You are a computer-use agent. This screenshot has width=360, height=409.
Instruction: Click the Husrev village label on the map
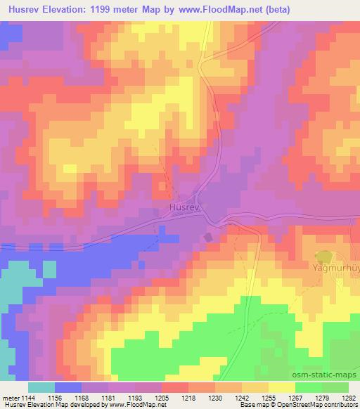[184, 208]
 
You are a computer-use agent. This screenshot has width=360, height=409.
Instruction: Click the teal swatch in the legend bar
[41, 387]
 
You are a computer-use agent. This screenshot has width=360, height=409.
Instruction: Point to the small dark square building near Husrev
[207, 238]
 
